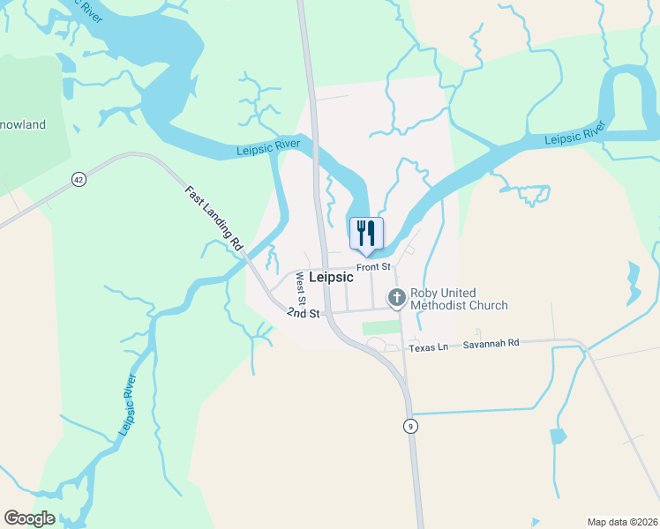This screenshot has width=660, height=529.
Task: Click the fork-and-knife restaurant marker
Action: tap(367, 234)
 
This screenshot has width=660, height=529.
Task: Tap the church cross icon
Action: tap(396, 298)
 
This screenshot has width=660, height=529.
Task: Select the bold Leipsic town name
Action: tap(331, 277)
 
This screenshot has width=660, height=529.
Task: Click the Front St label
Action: tap(373, 267)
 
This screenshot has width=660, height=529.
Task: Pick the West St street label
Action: tap(301, 288)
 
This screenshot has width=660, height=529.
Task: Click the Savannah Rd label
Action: tap(491, 344)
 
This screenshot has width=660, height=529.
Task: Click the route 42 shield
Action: tap(79, 179)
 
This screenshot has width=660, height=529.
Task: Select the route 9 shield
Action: tap(410, 426)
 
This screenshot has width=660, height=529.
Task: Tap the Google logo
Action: tap(29, 518)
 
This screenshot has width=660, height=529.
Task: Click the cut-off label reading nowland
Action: tap(24, 125)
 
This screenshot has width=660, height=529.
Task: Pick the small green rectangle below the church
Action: tap(380, 328)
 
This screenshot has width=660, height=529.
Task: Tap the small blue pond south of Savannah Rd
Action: tap(557, 436)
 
